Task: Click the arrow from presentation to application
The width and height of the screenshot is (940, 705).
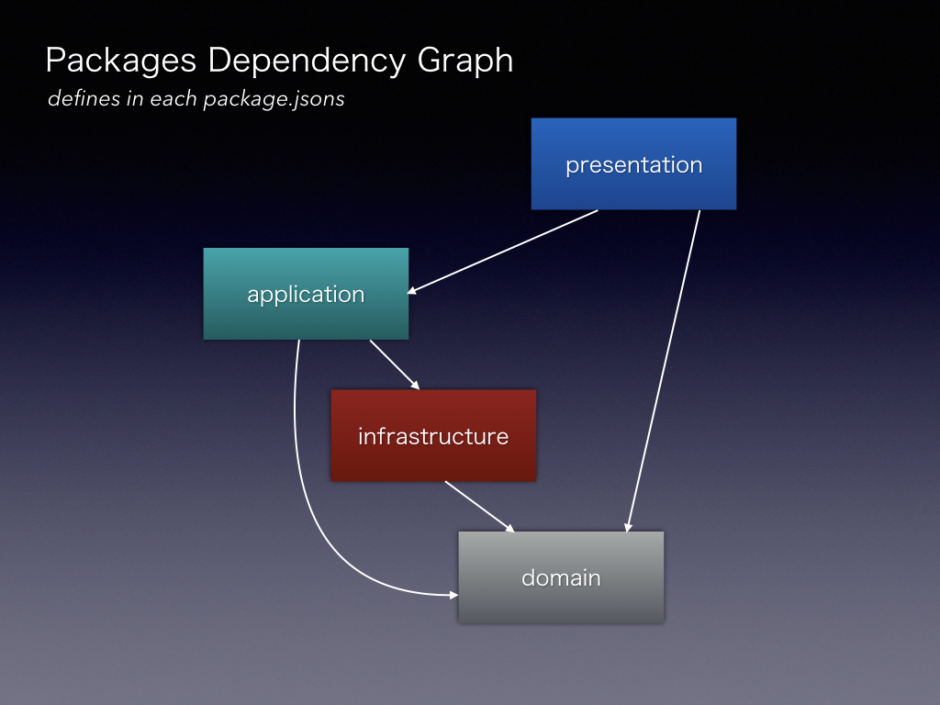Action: [503, 252]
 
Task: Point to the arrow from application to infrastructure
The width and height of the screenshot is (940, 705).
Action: [395, 364]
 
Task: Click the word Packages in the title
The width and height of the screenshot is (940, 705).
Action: [121, 62]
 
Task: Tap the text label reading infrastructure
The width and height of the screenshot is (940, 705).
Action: [433, 436]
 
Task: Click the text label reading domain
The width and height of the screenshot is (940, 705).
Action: [561, 578]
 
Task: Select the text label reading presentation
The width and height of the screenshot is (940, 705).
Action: [633, 165]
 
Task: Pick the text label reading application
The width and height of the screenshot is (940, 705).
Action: [306, 295]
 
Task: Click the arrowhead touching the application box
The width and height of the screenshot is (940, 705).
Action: [412, 292]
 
